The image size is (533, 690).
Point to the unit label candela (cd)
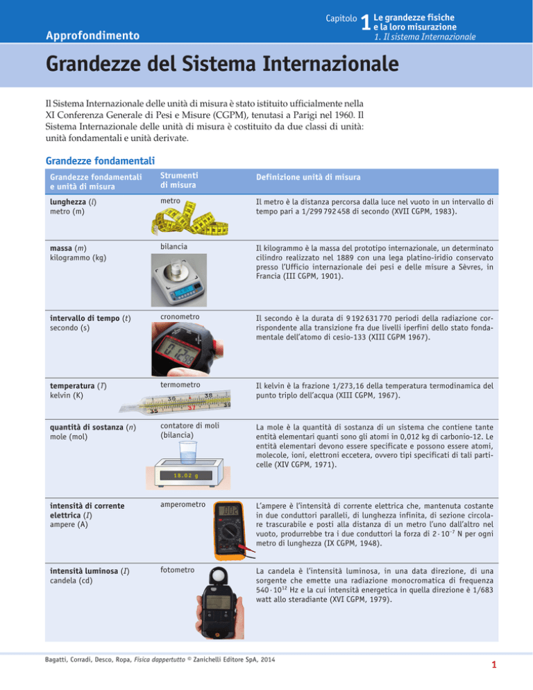[x=64, y=579]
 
